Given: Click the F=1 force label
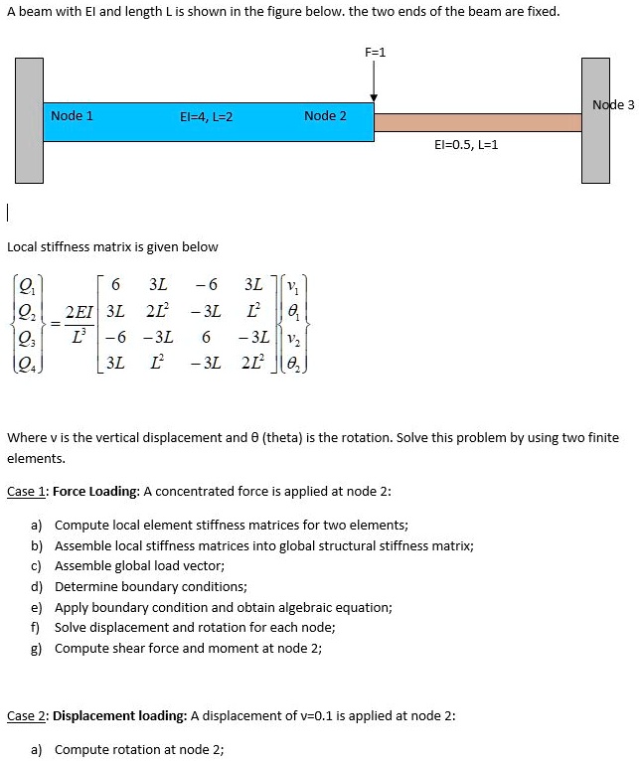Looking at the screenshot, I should (x=375, y=51).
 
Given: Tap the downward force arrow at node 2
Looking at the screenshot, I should (x=375, y=80).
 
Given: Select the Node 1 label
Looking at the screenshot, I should (x=72, y=116).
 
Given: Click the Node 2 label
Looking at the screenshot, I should (x=325, y=116).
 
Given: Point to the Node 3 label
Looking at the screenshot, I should (x=612, y=104).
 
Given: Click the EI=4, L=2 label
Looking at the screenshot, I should (x=206, y=116).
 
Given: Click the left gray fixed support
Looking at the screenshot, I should (x=30, y=120).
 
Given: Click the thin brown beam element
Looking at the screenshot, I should (x=477, y=122).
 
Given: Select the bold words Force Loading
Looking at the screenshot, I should (x=95, y=491).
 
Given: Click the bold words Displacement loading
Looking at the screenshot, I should (x=118, y=715).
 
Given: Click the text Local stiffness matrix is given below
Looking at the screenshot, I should (x=112, y=246).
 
